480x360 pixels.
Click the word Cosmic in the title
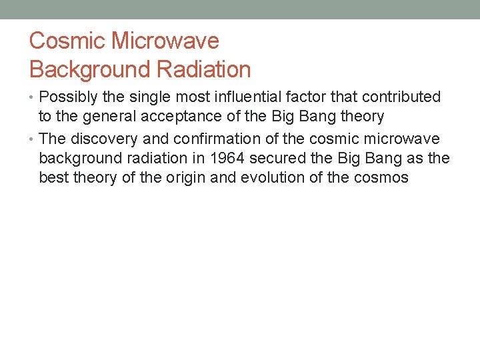(x=67, y=41)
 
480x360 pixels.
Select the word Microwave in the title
(x=165, y=41)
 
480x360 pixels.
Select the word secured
(x=274, y=158)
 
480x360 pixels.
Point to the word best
(x=54, y=178)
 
